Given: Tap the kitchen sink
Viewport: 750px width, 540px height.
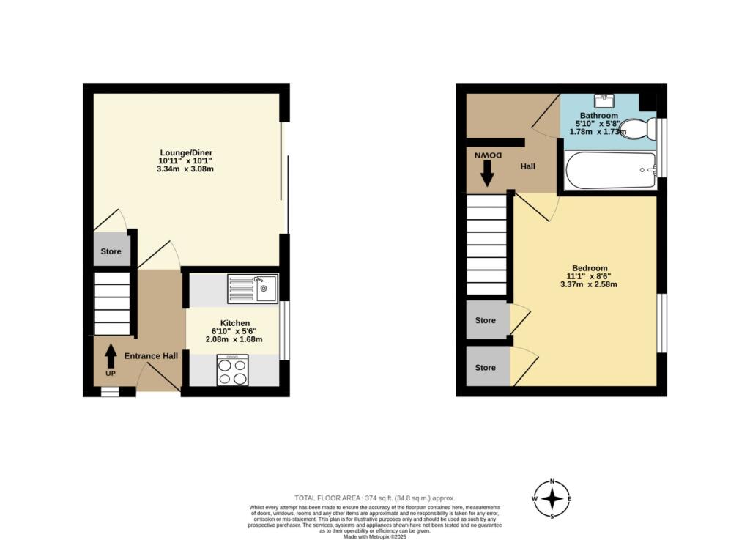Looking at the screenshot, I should click(252, 289).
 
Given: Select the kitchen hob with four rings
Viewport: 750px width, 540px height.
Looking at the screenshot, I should click(232, 370).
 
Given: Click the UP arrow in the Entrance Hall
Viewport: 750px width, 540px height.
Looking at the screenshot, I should click(111, 357).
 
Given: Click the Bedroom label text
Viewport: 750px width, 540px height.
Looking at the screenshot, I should click(590, 268).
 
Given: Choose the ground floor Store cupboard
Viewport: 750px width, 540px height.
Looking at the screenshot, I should click(111, 251).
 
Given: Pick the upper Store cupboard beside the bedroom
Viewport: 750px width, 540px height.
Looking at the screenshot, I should click(486, 320).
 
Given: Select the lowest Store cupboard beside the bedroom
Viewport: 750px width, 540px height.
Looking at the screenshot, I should click(486, 367).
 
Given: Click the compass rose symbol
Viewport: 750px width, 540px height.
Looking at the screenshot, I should click(552, 500).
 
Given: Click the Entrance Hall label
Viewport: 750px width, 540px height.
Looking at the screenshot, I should click(151, 356).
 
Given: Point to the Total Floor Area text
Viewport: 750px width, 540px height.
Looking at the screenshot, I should click(374, 498).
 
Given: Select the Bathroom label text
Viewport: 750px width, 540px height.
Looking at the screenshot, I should click(599, 116).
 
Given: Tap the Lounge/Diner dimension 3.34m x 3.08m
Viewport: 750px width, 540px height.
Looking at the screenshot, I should click(185, 169).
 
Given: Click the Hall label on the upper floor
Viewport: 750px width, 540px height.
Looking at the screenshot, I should click(528, 166).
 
